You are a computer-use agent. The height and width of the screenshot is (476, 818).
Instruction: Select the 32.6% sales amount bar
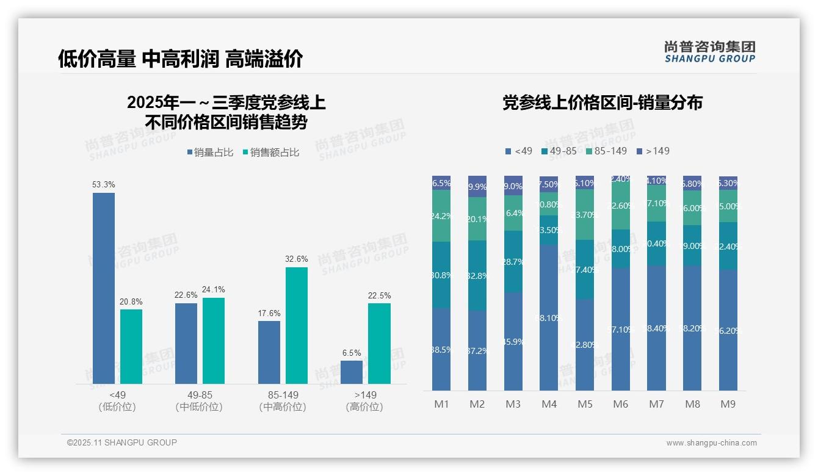click(297, 325)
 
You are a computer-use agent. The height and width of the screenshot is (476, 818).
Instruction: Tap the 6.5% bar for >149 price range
click(352, 372)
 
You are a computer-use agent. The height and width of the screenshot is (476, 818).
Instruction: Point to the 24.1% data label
click(214, 289)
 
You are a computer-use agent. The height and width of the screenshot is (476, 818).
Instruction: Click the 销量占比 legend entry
click(210, 153)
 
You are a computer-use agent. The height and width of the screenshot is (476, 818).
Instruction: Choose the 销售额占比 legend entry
click(271, 153)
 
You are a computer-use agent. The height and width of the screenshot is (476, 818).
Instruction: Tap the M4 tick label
click(549, 404)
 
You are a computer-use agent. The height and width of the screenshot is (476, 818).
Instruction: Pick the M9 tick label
click(728, 404)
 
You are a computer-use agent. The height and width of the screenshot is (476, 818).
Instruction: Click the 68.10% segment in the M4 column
click(549, 317)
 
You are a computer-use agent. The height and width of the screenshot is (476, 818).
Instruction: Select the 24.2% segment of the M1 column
click(441, 216)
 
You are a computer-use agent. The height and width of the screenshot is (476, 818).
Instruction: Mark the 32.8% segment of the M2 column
click(477, 275)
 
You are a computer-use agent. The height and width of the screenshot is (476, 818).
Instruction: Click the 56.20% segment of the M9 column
click(728, 330)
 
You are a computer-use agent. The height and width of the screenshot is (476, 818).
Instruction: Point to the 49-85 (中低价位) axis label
click(198, 401)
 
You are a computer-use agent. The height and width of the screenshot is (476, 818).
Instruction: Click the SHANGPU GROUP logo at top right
click(709, 51)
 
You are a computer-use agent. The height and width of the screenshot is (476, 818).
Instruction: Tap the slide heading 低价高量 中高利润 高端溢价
click(181, 59)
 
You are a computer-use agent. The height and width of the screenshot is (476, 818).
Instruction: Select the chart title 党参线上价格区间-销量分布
click(602, 103)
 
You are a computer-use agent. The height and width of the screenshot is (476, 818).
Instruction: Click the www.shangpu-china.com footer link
click(711, 443)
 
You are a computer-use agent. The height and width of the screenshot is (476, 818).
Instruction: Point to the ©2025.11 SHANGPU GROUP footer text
click(122, 442)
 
